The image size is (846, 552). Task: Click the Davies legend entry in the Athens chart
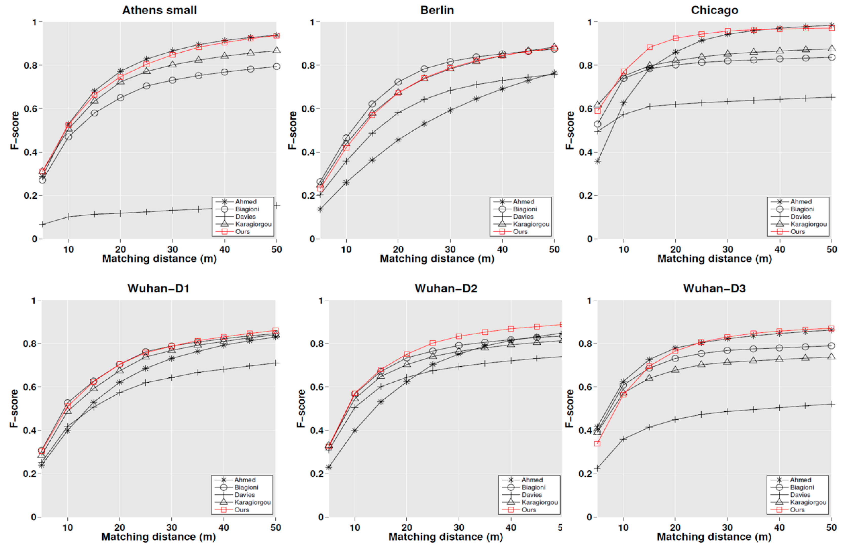pos(245,217)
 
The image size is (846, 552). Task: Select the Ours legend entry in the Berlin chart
pos(520,232)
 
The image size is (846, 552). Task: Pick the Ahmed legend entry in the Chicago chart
pos(801,201)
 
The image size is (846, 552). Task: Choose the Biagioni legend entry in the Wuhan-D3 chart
pos(802,487)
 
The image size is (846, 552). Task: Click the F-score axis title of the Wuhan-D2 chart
pos(301,408)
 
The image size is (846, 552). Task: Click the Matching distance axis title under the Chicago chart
pos(715,259)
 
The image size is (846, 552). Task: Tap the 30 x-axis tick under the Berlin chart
pos(450,249)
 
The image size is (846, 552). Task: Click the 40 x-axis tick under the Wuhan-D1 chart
pos(224,527)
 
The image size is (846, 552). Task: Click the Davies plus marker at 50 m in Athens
pos(277,206)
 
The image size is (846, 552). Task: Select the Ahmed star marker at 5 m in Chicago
pos(598,161)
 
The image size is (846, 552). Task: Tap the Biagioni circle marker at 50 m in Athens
pos(277,66)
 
